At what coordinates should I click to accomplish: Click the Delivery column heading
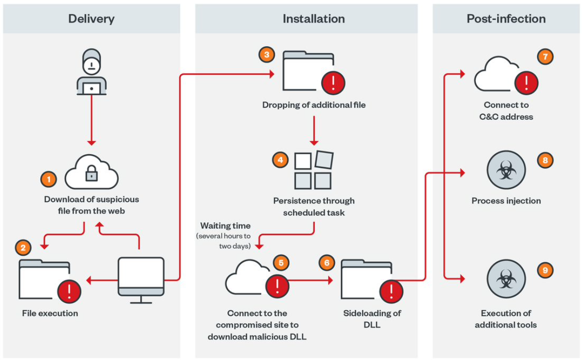click(91, 19)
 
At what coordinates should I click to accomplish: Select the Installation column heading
click(313, 19)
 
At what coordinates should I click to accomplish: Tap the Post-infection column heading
click(506, 19)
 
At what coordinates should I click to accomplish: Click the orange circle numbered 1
click(48, 179)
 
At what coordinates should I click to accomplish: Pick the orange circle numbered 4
click(280, 160)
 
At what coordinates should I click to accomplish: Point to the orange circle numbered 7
click(545, 56)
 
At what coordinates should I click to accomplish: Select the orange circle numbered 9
click(545, 270)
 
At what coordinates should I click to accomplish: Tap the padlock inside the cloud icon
click(92, 173)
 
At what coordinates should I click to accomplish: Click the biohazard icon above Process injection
click(506, 169)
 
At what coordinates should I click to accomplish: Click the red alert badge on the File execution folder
click(69, 291)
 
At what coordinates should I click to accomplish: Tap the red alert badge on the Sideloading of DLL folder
click(391, 291)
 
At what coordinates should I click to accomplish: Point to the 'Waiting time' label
click(225, 226)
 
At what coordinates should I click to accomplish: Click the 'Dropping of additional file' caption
click(313, 105)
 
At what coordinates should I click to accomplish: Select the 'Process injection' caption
click(506, 200)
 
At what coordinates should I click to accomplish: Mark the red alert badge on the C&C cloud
click(526, 82)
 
